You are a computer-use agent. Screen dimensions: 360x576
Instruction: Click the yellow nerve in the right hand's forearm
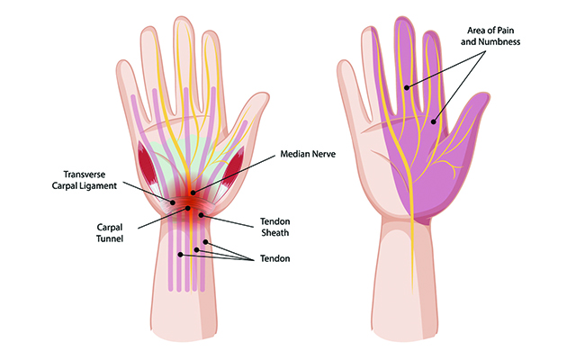click(x=414, y=270)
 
